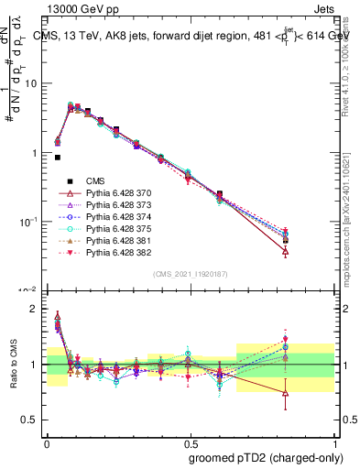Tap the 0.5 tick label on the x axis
tap(190, 442)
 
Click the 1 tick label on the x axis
tap(333, 442)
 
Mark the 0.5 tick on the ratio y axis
tap(34, 420)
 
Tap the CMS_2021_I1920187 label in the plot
tap(190, 274)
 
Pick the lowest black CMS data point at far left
tap(58, 158)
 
